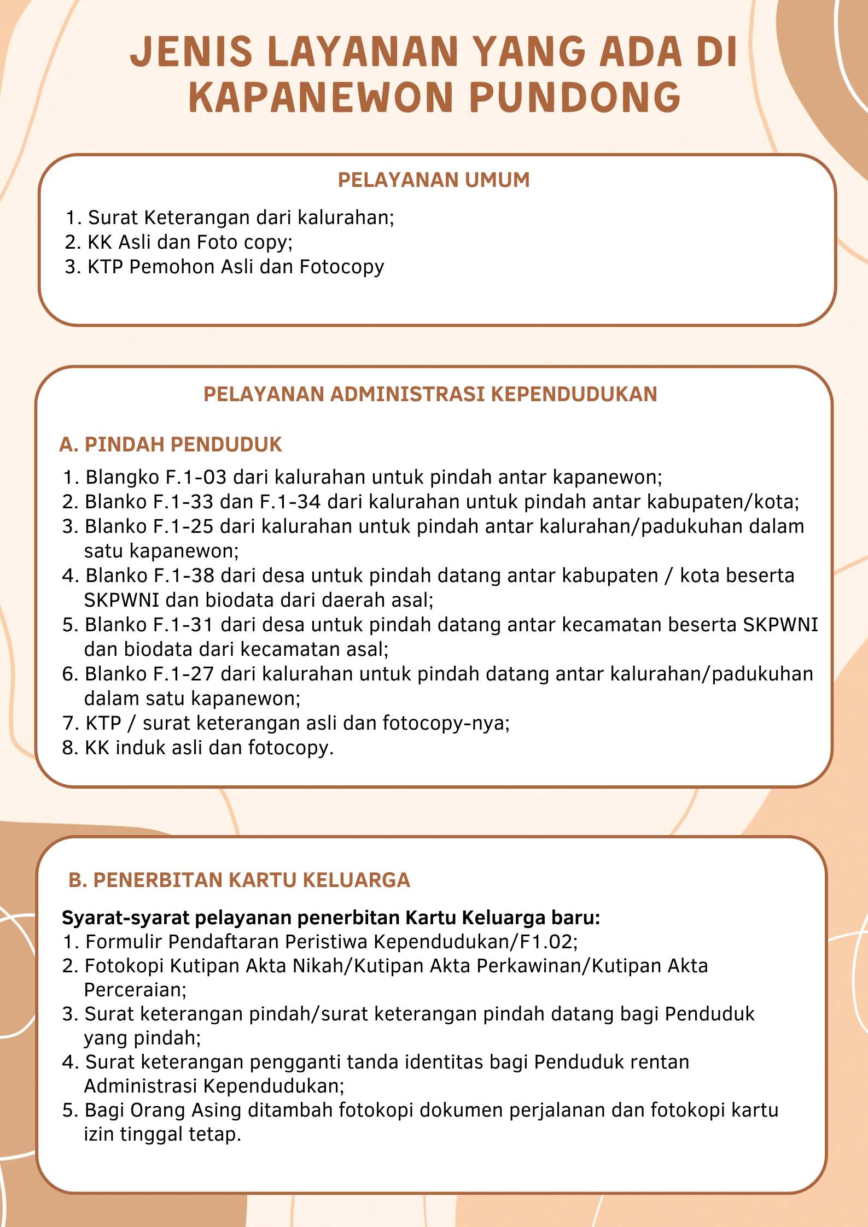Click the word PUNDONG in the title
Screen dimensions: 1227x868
pos(574,97)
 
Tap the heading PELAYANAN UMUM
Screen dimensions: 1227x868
pos(434,180)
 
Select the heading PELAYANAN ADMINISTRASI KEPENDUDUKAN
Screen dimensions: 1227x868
pos(430,394)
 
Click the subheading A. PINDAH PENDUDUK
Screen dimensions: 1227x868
pos(170,444)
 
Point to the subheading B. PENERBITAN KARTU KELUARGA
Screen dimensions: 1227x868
pos(239,880)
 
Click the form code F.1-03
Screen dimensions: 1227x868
pos(195,477)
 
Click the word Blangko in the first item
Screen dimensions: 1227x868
pos(123,477)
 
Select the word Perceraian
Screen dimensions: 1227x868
pos(135,990)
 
